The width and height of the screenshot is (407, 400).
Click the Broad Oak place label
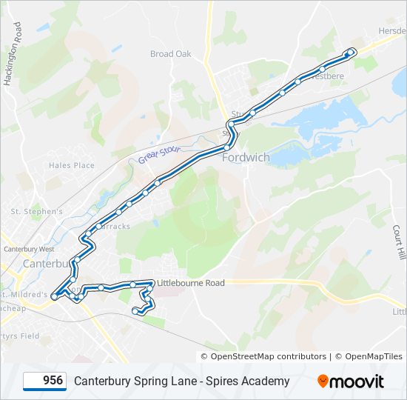pyautogui.click(x=171, y=54)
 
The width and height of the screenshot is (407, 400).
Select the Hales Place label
pyautogui.click(x=72, y=166)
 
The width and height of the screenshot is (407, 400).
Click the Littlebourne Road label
pyautogui.click(x=190, y=283)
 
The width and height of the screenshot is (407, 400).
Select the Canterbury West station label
pyautogui.click(x=29, y=249)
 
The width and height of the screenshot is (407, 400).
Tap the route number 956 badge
pyautogui.click(x=44, y=381)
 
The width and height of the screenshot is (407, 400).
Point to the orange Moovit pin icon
pyautogui.click(x=323, y=381)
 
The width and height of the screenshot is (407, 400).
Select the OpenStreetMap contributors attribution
pyautogui.click(x=268, y=356)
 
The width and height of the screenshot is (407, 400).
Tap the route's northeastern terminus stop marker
pyautogui.click(x=350, y=52)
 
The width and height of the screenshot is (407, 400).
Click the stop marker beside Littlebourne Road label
pyautogui.click(x=152, y=282)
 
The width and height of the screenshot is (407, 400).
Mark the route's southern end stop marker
pyautogui.click(x=135, y=312)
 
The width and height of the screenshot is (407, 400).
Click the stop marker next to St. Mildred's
pyautogui.click(x=54, y=296)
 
